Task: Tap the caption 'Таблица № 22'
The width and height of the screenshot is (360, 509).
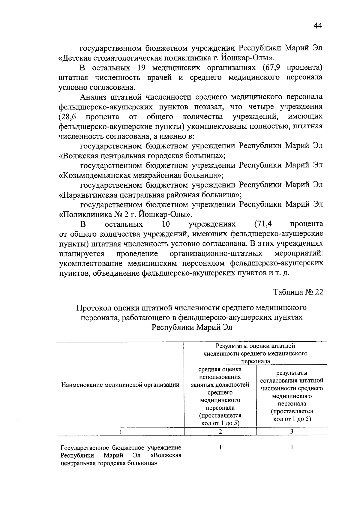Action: [x=298, y=292]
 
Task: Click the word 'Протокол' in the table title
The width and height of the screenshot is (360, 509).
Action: [x=91, y=308]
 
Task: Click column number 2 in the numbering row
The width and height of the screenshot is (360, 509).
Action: [x=220, y=432]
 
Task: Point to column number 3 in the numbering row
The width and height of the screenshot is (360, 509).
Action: [x=292, y=432]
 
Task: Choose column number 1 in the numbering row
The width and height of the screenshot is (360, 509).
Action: [x=120, y=432]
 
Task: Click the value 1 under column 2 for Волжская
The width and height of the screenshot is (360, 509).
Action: [x=220, y=448]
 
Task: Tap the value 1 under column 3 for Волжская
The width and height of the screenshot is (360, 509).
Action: [x=292, y=448]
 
